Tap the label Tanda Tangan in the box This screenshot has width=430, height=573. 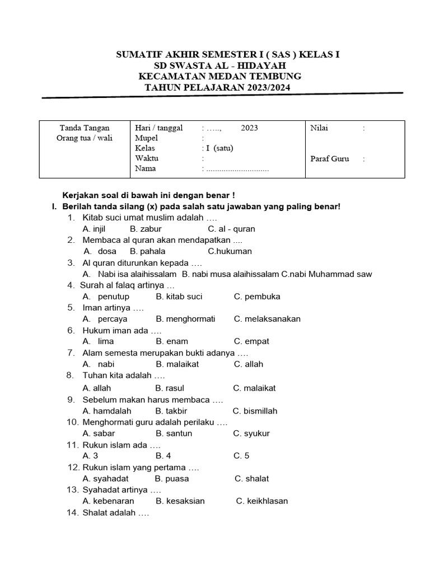pos(85,128)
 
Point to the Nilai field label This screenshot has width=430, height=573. pos(319,128)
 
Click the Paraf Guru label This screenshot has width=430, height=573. pos(329,158)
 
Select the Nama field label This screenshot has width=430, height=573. pos(146,168)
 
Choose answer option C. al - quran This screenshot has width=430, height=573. pos(231,229)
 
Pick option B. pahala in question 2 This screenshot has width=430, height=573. pos(147,251)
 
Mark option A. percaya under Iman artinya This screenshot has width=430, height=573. pos(105,319)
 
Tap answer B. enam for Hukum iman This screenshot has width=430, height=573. pos(172,341)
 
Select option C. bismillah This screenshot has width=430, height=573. pos(255,411)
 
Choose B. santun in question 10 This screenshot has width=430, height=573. pos(174,433)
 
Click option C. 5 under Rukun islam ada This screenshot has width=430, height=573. pos(242,455)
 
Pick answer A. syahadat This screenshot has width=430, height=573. pos(105,478)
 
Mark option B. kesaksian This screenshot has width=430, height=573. pos(180,501)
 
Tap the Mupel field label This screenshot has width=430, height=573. pos(147,138)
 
